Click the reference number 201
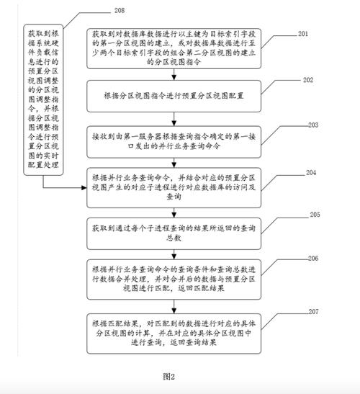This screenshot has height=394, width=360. [305, 34]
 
